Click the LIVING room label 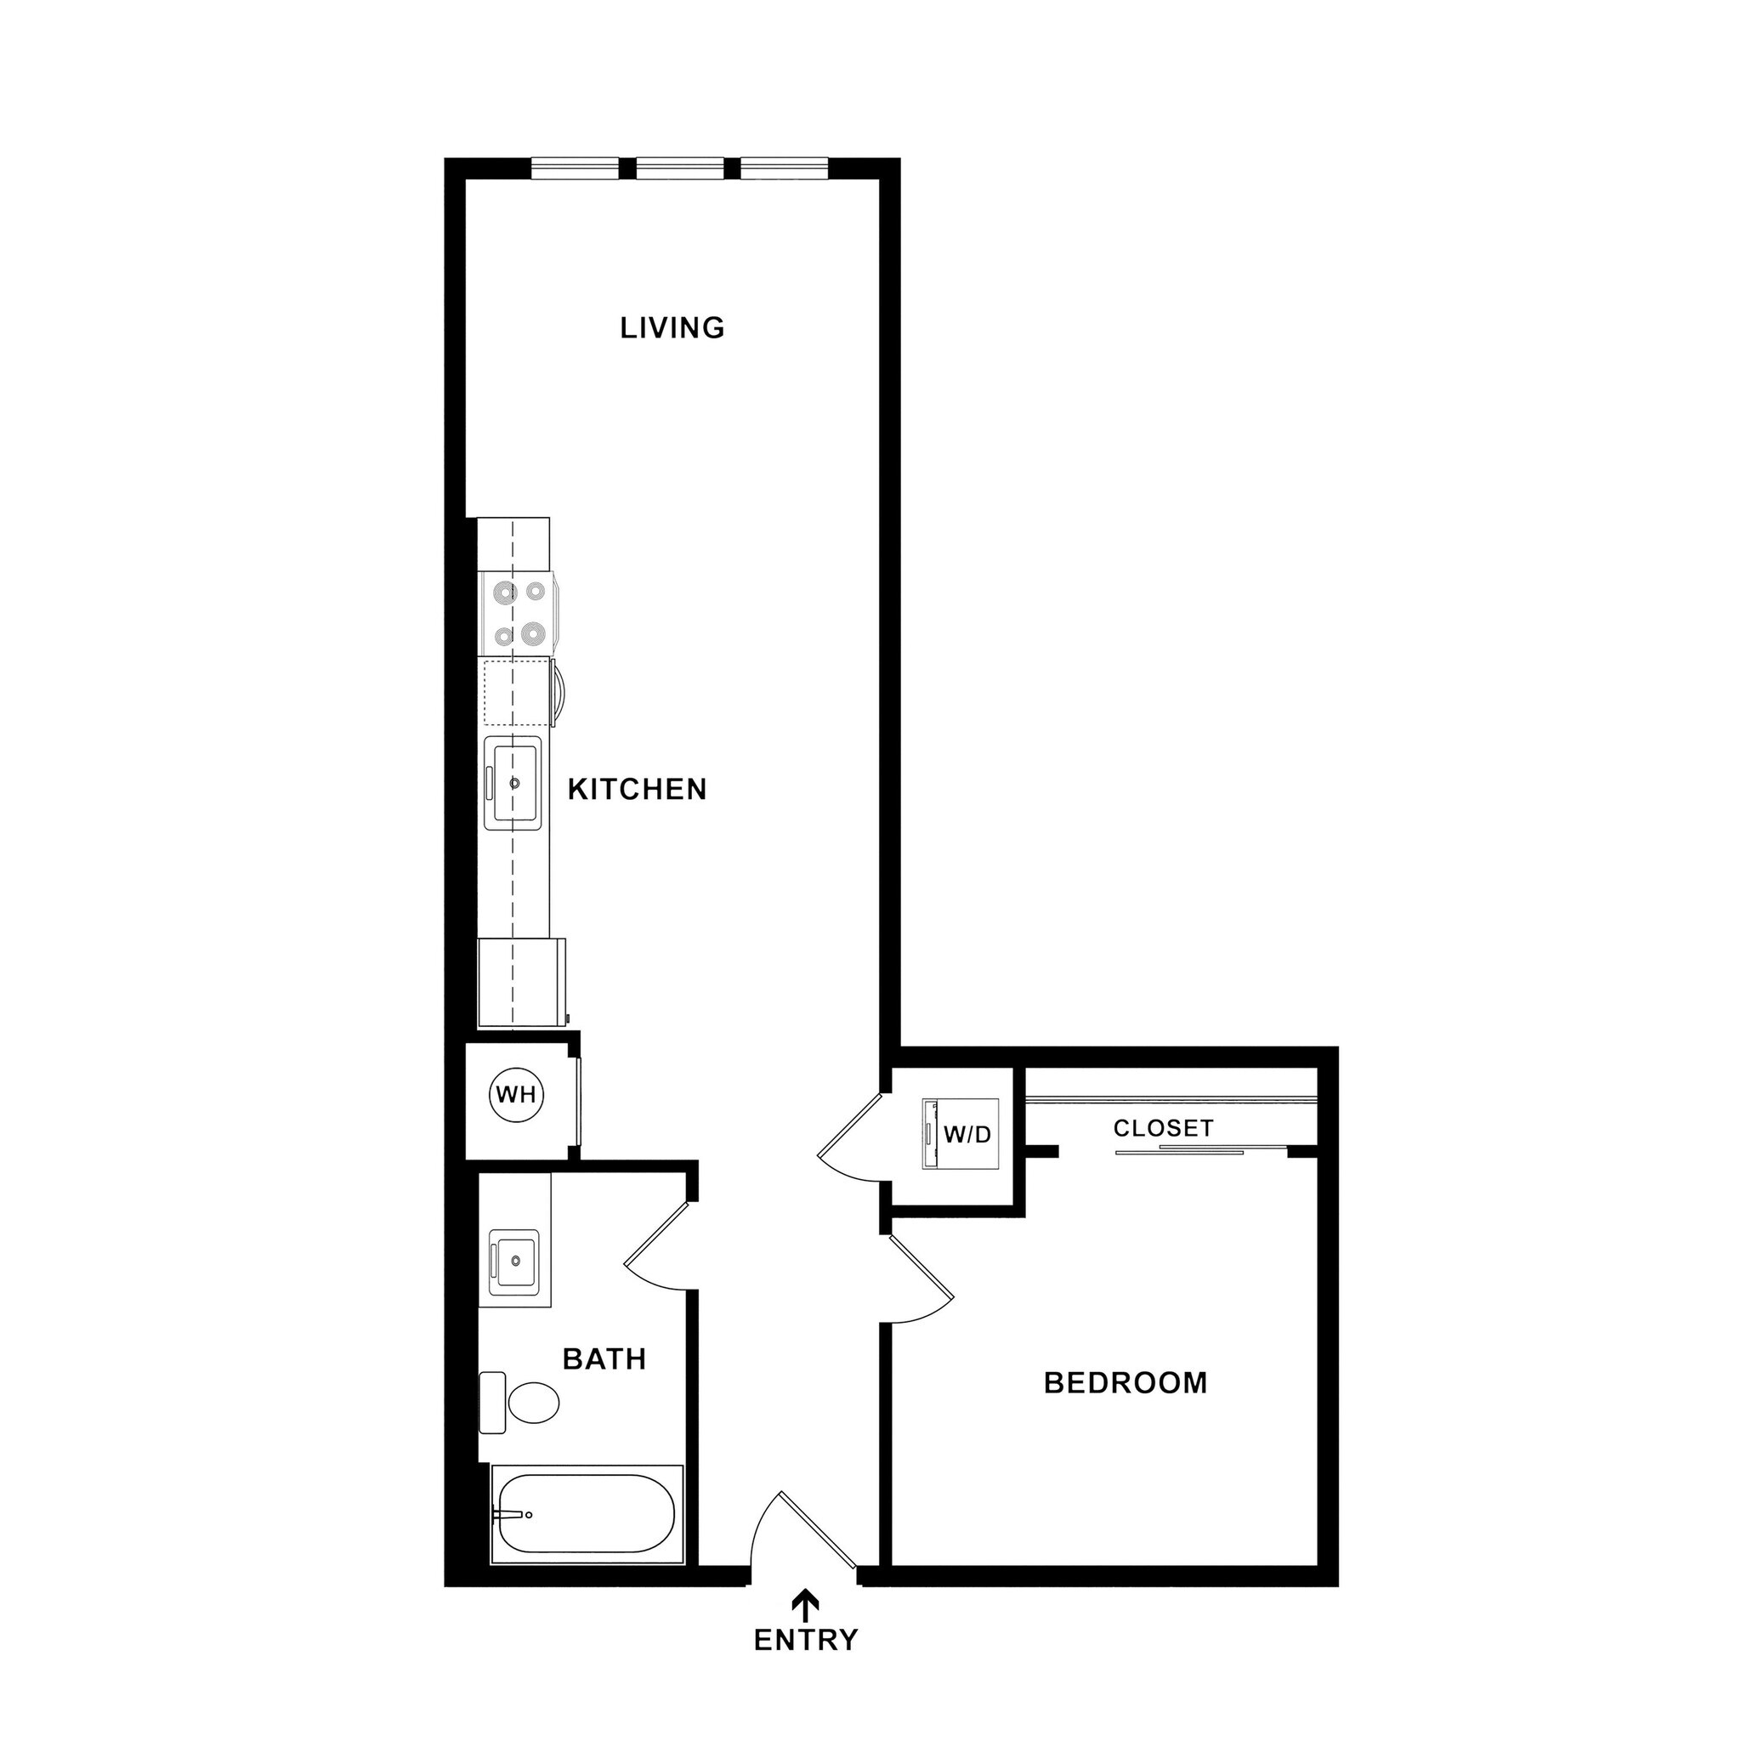pos(672,327)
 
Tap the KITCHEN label pos(637,790)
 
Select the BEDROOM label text pos(1126,1382)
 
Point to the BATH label pos(604,1359)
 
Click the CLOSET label pos(1164,1128)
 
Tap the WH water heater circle pos(516,1095)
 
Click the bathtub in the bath pos(587,1514)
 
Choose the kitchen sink pos(513,782)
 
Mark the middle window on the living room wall pos(680,168)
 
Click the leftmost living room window pos(575,168)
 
